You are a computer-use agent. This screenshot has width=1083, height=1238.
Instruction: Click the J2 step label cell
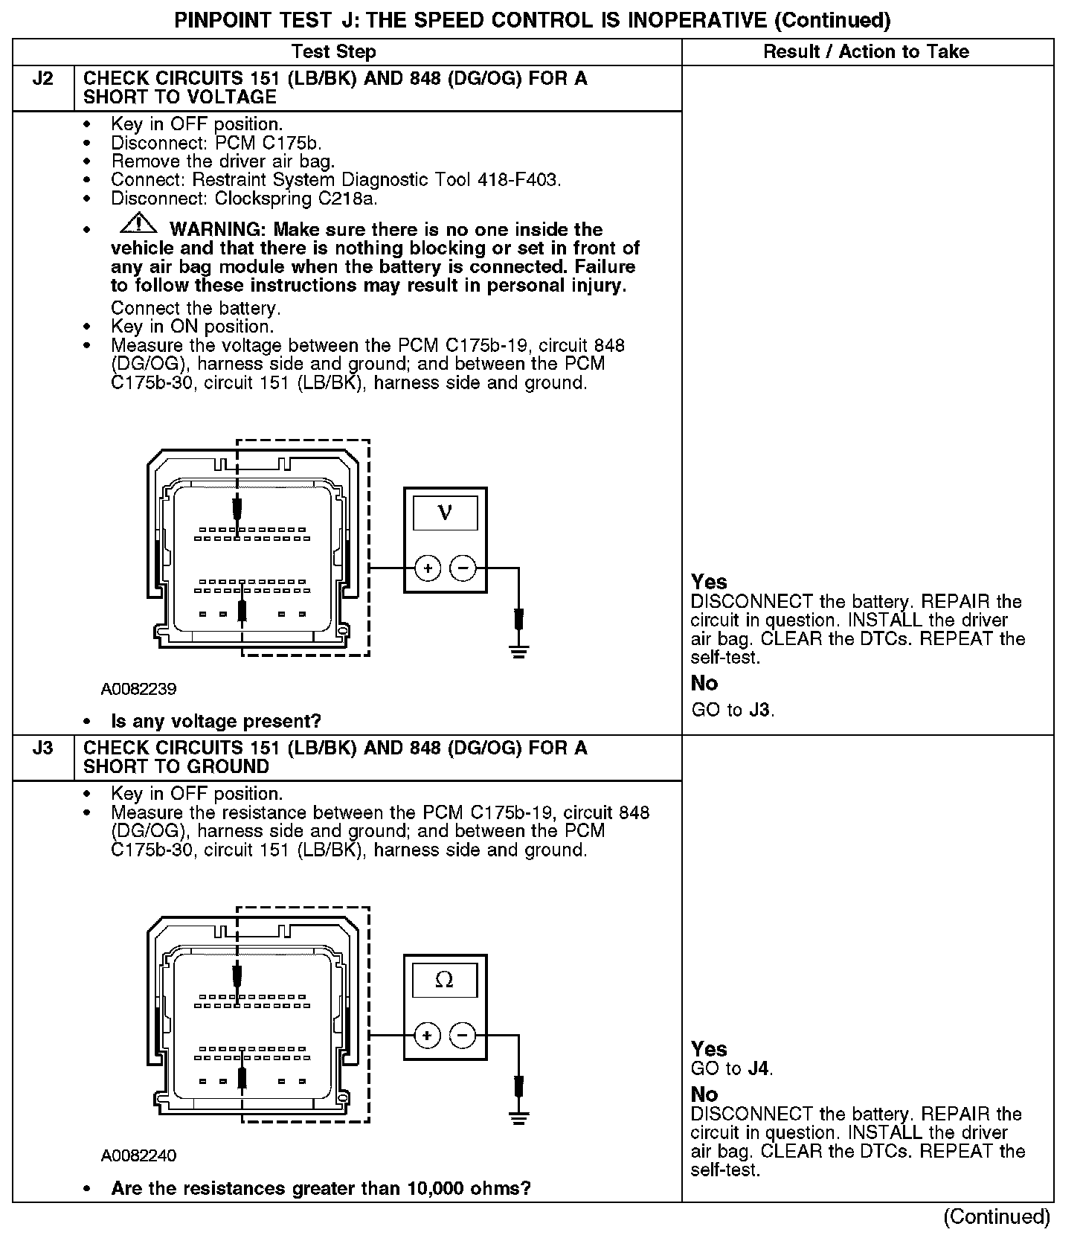pyautogui.click(x=43, y=79)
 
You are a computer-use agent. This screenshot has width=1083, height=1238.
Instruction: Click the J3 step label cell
pyautogui.click(x=43, y=748)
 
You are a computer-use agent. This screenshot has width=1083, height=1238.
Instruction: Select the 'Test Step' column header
pyautogui.click(x=333, y=51)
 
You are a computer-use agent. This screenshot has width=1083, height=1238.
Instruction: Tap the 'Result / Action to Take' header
pyautogui.click(x=866, y=51)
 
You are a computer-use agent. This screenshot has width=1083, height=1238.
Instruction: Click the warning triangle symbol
pyautogui.click(x=138, y=223)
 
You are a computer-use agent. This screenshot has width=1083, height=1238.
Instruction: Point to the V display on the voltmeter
pyautogui.click(x=445, y=513)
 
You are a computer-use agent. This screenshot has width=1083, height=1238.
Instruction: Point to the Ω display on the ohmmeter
pyautogui.click(x=444, y=980)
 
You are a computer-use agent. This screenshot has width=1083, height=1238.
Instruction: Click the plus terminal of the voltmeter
pyautogui.click(x=428, y=568)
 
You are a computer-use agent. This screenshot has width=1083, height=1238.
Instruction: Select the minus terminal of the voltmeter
pyautogui.click(x=463, y=568)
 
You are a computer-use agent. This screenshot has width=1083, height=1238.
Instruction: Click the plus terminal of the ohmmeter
pyautogui.click(x=427, y=1035)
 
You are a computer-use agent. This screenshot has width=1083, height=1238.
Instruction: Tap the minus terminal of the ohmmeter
pyautogui.click(x=463, y=1035)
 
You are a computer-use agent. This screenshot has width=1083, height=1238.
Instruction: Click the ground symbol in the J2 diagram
pyautogui.click(x=519, y=652)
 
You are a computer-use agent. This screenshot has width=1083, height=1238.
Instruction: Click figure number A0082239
pyautogui.click(x=139, y=689)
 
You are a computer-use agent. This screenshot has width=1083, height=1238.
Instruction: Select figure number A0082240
pyautogui.click(x=139, y=1155)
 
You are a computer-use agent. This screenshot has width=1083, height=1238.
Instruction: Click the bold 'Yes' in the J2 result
pyautogui.click(x=709, y=582)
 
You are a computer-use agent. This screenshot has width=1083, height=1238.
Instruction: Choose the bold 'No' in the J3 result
pyautogui.click(x=704, y=1094)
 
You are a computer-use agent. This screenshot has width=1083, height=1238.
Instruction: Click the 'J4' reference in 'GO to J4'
pyautogui.click(x=758, y=1069)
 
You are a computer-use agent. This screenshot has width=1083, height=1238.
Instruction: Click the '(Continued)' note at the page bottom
pyautogui.click(x=997, y=1216)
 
